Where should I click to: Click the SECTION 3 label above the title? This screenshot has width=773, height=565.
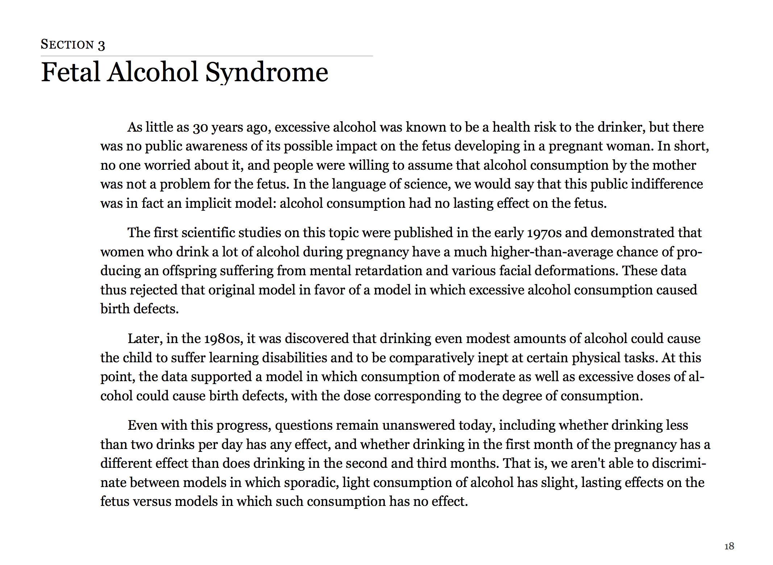tap(73, 45)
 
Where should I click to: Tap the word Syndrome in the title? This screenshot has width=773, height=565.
tap(267, 72)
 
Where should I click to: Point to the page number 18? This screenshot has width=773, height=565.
tap(729, 546)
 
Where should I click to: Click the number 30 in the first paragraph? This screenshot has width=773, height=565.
tap(200, 128)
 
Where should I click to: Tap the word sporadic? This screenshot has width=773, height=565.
tap(311, 483)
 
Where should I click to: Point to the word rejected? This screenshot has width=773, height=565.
tap(154, 290)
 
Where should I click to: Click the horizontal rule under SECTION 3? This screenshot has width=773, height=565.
tap(207, 56)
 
